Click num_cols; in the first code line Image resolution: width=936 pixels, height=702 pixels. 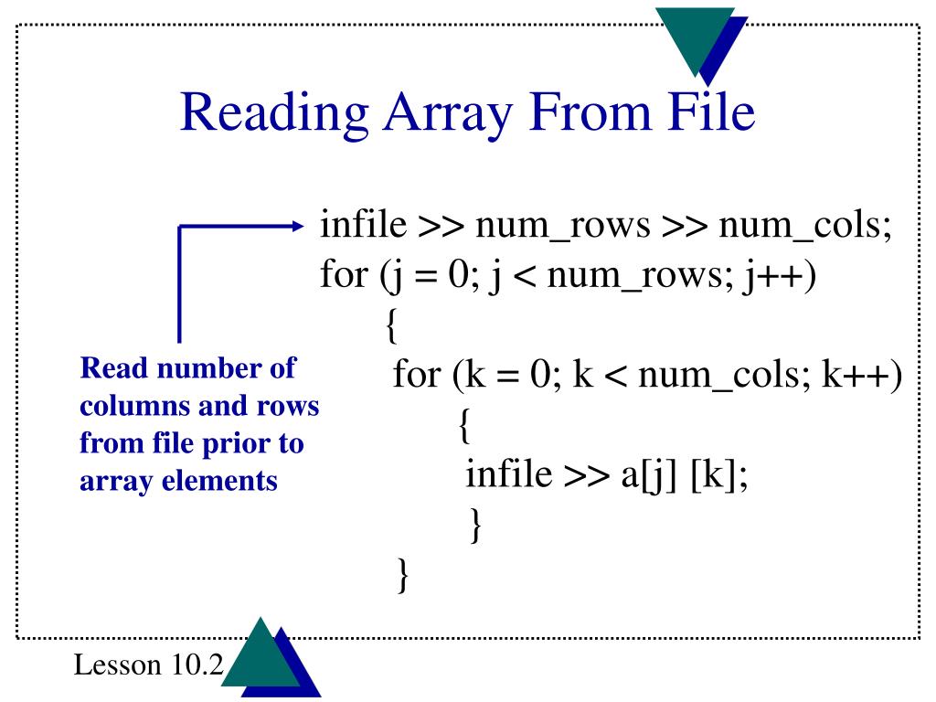pyautogui.click(x=804, y=226)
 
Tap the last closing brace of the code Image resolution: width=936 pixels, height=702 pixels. pyautogui.click(x=403, y=577)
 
